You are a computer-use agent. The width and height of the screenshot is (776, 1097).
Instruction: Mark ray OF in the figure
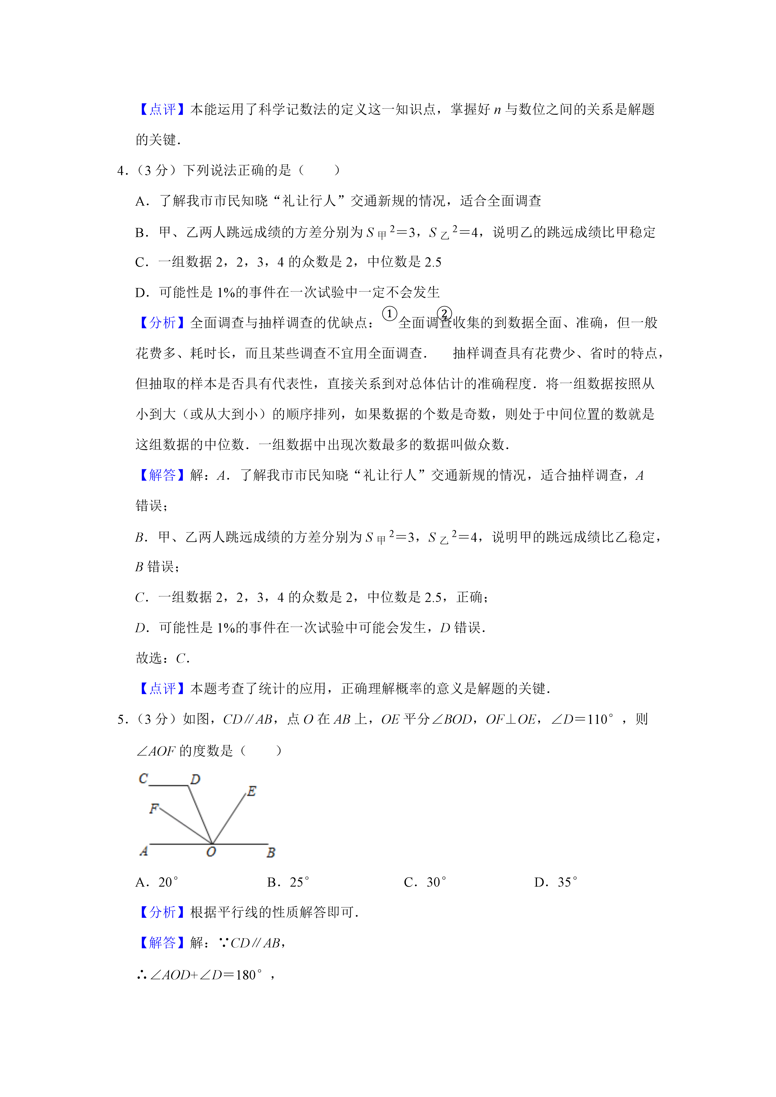coord(186,826)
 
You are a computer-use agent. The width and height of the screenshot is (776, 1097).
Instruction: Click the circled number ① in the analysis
coord(389,314)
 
